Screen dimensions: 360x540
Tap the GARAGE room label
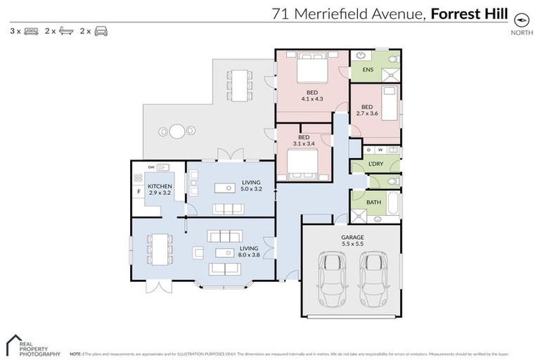click(x=352, y=238)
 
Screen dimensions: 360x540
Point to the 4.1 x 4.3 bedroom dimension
click(x=311, y=99)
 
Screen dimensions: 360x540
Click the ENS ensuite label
click(x=367, y=70)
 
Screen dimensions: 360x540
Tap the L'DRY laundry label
click(x=375, y=165)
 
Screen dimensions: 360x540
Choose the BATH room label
click(x=373, y=202)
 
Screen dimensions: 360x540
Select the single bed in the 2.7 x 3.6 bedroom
click(x=390, y=102)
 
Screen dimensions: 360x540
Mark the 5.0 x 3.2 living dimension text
click(x=251, y=188)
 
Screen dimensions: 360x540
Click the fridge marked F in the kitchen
click(x=139, y=191)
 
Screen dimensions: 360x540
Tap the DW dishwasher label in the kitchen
click(x=151, y=167)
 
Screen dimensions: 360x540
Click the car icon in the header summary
click(x=101, y=31)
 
